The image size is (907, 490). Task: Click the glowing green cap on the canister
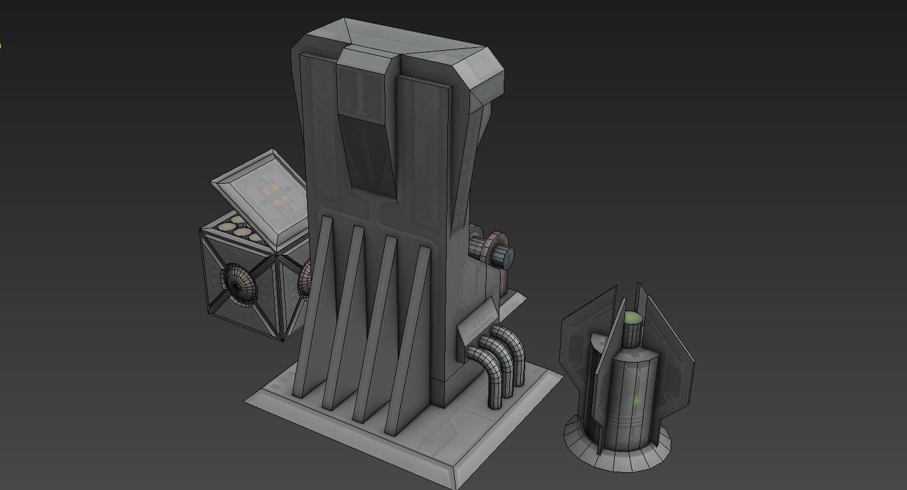[632, 318]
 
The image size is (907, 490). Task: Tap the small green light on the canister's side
[637, 401]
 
